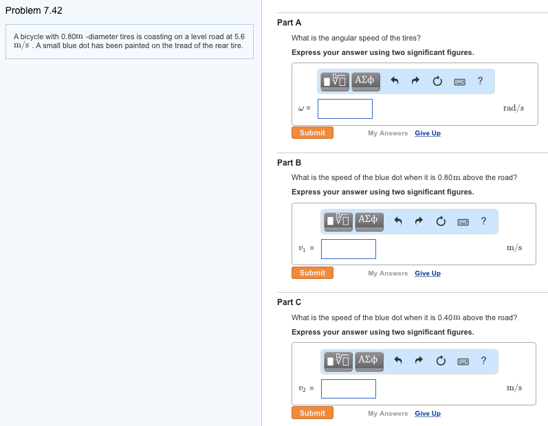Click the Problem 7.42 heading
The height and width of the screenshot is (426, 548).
(x=34, y=11)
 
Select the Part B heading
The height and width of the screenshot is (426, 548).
(x=289, y=163)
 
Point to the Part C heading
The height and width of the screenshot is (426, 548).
(x=289, y=302)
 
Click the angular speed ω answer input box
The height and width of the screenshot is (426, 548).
(x=344, y=109)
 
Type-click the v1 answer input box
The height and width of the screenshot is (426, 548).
(x=348, y=249)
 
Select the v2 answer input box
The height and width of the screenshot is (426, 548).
(x=348, y=389)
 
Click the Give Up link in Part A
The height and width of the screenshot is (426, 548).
(x=428, y=133)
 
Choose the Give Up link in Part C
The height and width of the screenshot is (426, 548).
(x=428, y=414)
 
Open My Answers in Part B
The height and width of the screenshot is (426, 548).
(x=388, y=273)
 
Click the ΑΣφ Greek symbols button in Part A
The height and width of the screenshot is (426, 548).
(x=365, y=81)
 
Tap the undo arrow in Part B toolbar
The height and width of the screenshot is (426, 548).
(x=398, y=221)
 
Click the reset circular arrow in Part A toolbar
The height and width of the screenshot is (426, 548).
(x=437, y=81)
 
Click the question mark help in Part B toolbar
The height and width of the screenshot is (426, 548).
(x=483, y=221)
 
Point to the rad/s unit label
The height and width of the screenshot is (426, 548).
(x=513, y=108)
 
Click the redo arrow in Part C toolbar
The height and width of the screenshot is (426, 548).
(x=419, y=361)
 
